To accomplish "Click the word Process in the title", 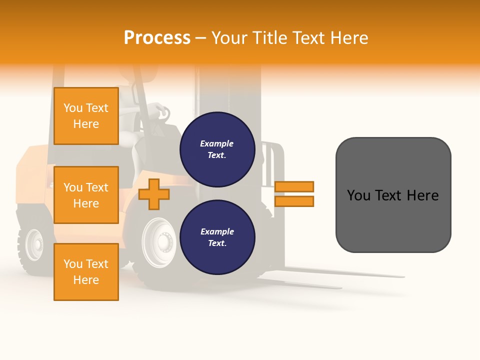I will coord(157,38).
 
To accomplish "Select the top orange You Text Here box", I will coord(86,116).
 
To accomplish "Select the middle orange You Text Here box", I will coord(86,195).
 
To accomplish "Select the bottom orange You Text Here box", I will coord(86,271).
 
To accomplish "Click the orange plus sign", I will coord(154,194).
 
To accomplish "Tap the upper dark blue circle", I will coord(217,149).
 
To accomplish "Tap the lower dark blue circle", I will coord(217,237).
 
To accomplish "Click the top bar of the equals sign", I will coord(294,187).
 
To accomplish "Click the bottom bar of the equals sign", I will coord(294,201).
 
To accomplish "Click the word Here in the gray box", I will coord(422,195).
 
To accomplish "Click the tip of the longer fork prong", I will coord(403,276).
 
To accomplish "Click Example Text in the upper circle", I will coord(217,149).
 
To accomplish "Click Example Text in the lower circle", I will coord(217,237).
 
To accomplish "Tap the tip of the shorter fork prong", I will coord(340,288).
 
